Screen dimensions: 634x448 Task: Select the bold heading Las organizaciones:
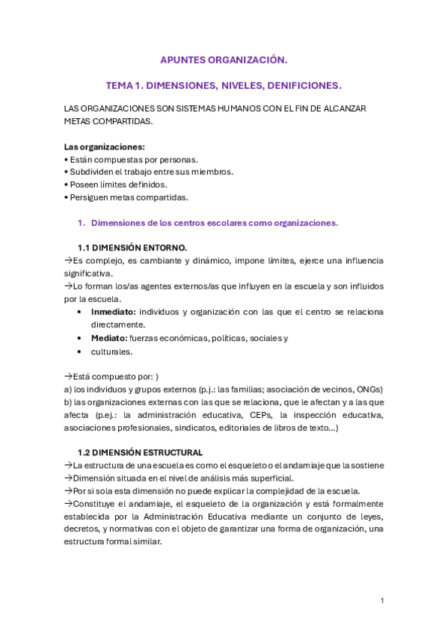click(105, 147)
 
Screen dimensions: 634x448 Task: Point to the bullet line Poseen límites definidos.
click(116, 185)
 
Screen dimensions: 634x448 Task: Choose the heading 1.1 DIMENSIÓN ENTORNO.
click(132, 247)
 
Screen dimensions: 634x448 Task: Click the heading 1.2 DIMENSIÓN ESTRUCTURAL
click(140, 452)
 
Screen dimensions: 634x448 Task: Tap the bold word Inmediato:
click(114, 311)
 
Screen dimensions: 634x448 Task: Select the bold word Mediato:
click(109, 338)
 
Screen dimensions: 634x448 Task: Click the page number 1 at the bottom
click(381, 600)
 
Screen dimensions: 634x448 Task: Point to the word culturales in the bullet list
click(111, 351)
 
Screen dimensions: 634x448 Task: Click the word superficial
click(270, 478)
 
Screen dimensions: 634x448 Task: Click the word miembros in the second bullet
click(212, 171)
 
